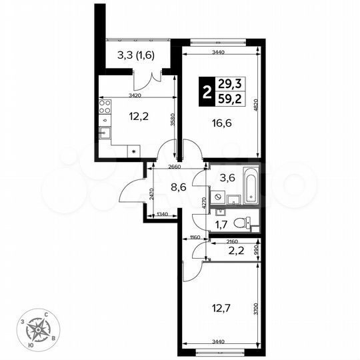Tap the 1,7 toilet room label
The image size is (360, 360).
click(x=219, y=224)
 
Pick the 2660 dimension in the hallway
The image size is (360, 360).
click(x=175, y=167)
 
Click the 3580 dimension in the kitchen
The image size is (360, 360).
click(x=171, y=119)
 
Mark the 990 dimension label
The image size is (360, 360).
click(x=256, y=251)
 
